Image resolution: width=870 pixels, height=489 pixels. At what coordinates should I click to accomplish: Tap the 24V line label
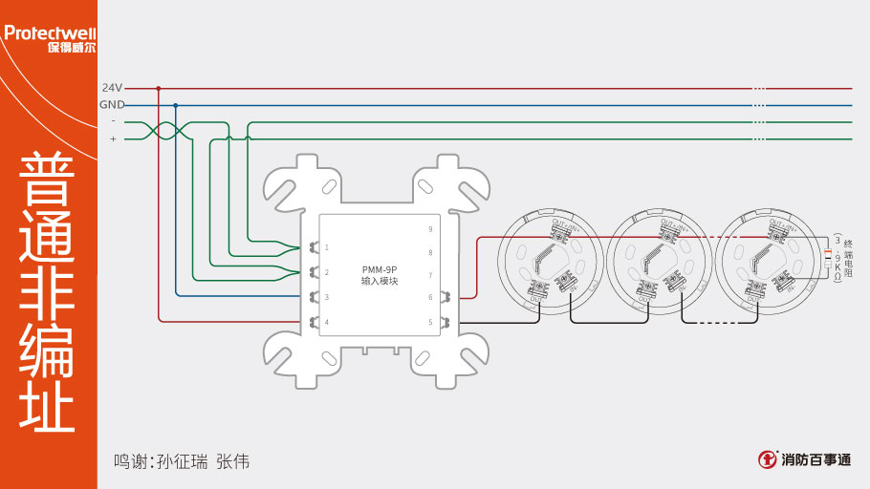112,88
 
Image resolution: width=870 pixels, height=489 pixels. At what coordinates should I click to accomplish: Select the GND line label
112,105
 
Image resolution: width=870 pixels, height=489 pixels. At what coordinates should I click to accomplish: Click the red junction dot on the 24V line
158,88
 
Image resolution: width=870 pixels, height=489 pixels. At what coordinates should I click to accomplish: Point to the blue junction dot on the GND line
175,105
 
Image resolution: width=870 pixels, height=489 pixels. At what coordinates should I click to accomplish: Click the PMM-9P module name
380,270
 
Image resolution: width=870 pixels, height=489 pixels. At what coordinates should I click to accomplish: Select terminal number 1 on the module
327,247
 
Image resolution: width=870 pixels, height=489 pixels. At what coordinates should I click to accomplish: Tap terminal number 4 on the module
327,322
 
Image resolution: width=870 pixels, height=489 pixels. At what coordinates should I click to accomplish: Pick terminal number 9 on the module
430,229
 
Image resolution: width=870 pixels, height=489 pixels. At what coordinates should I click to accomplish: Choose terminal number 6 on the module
430,298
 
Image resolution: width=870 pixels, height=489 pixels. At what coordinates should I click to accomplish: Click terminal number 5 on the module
430,322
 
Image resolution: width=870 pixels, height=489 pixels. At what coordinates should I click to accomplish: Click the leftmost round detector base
548,258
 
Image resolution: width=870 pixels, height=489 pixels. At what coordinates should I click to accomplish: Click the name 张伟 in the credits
232,461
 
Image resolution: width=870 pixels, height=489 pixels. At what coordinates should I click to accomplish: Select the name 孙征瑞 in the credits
183,461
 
